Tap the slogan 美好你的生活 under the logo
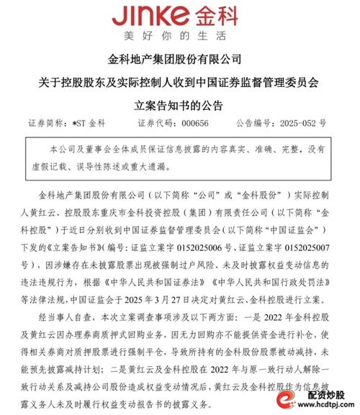(180, 35)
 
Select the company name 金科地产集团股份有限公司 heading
(180, 60)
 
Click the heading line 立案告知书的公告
(180, 105)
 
